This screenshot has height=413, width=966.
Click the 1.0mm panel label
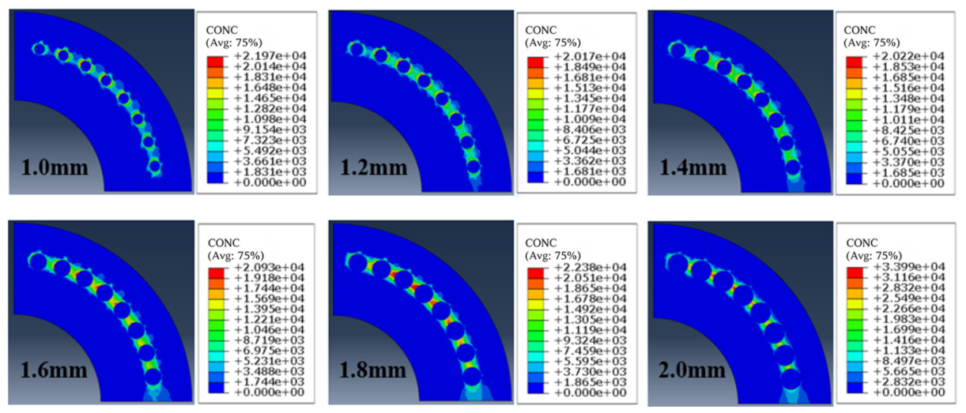coord(55,167)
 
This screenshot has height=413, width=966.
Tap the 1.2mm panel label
coord(374,167)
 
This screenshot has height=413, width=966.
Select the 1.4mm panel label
coord(693,167)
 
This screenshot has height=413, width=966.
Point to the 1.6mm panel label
coord(54,370)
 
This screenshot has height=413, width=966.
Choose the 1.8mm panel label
coord(373,370)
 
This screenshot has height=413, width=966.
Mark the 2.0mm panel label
coord(692,370)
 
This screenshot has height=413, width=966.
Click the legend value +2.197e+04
coord(270,56)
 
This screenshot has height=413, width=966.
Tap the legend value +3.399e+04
coord(909,267)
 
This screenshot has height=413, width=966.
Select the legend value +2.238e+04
coord(591,268)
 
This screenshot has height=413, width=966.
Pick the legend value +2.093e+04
coord(269,268)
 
